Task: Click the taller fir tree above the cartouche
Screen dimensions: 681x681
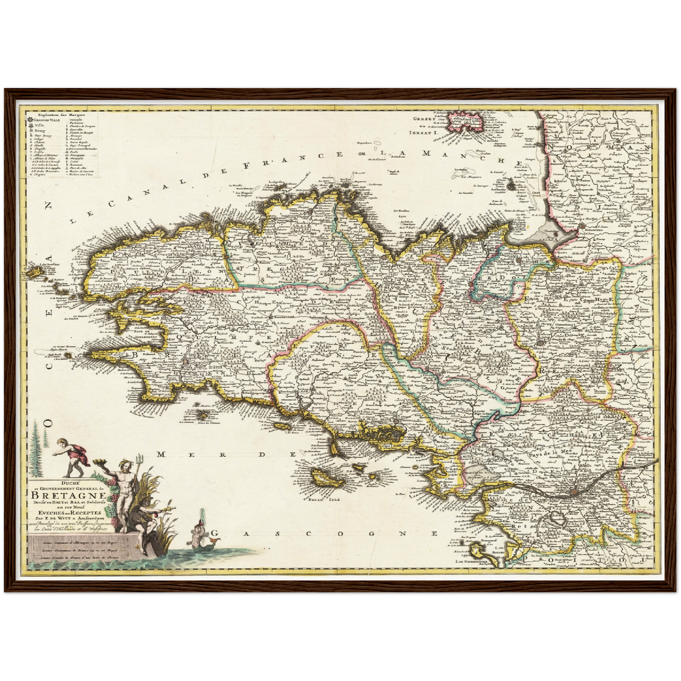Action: (x=36, y=448)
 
